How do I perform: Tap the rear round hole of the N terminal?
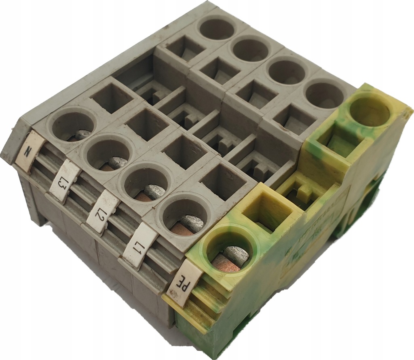tap(217, 29)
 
